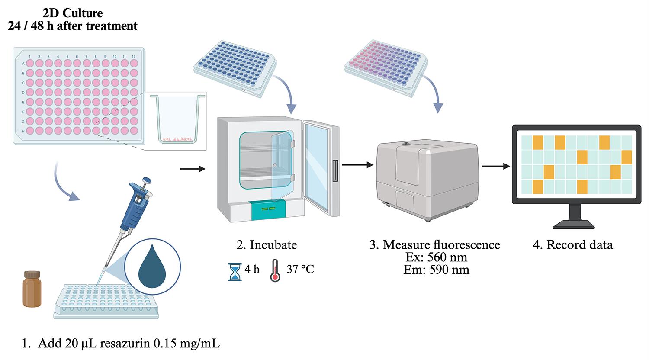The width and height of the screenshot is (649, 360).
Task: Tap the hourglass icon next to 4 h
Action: [235, 272]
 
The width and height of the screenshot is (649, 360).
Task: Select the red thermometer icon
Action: [275, 271]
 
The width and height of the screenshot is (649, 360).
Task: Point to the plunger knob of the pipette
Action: [147, 181]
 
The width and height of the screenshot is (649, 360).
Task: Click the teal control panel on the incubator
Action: [268, 209]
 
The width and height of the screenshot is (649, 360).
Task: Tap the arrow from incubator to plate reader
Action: [357, 165]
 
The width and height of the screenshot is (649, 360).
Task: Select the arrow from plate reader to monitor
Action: [496, 166]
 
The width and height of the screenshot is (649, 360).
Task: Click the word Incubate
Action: [273, 245]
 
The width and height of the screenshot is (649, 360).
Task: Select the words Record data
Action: [579, 245]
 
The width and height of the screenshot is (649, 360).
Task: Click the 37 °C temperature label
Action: [300, 269]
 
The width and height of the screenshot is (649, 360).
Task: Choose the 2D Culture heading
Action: [72, 13]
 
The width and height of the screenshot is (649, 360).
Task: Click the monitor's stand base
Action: [574, 224]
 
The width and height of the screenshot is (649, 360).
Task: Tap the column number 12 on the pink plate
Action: [134, 57]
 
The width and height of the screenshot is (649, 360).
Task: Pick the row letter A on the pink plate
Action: [23, 64]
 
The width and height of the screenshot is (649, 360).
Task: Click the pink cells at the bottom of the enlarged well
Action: [177, 139]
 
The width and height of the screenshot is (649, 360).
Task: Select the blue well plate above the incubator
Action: [235, 67]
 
